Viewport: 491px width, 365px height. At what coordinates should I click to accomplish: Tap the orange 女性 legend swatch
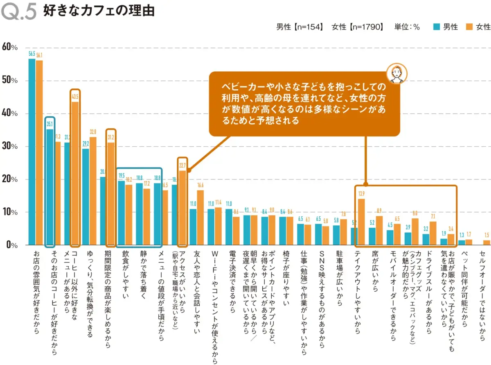tap(469, 27)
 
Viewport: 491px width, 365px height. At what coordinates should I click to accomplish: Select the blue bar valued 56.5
tap(32, 152)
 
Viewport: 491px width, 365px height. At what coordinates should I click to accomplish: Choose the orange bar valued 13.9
tap(362, 222)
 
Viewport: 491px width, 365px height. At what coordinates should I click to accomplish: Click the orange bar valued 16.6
tap(200, 218)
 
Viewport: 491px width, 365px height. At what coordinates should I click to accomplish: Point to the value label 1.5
tap(486, 236)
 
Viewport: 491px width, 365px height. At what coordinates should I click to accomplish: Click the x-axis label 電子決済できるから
tap(232, 283)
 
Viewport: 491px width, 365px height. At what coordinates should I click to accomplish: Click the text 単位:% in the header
tap(407, 27)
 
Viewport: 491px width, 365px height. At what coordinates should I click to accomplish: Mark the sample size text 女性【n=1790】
tap(358, 27)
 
